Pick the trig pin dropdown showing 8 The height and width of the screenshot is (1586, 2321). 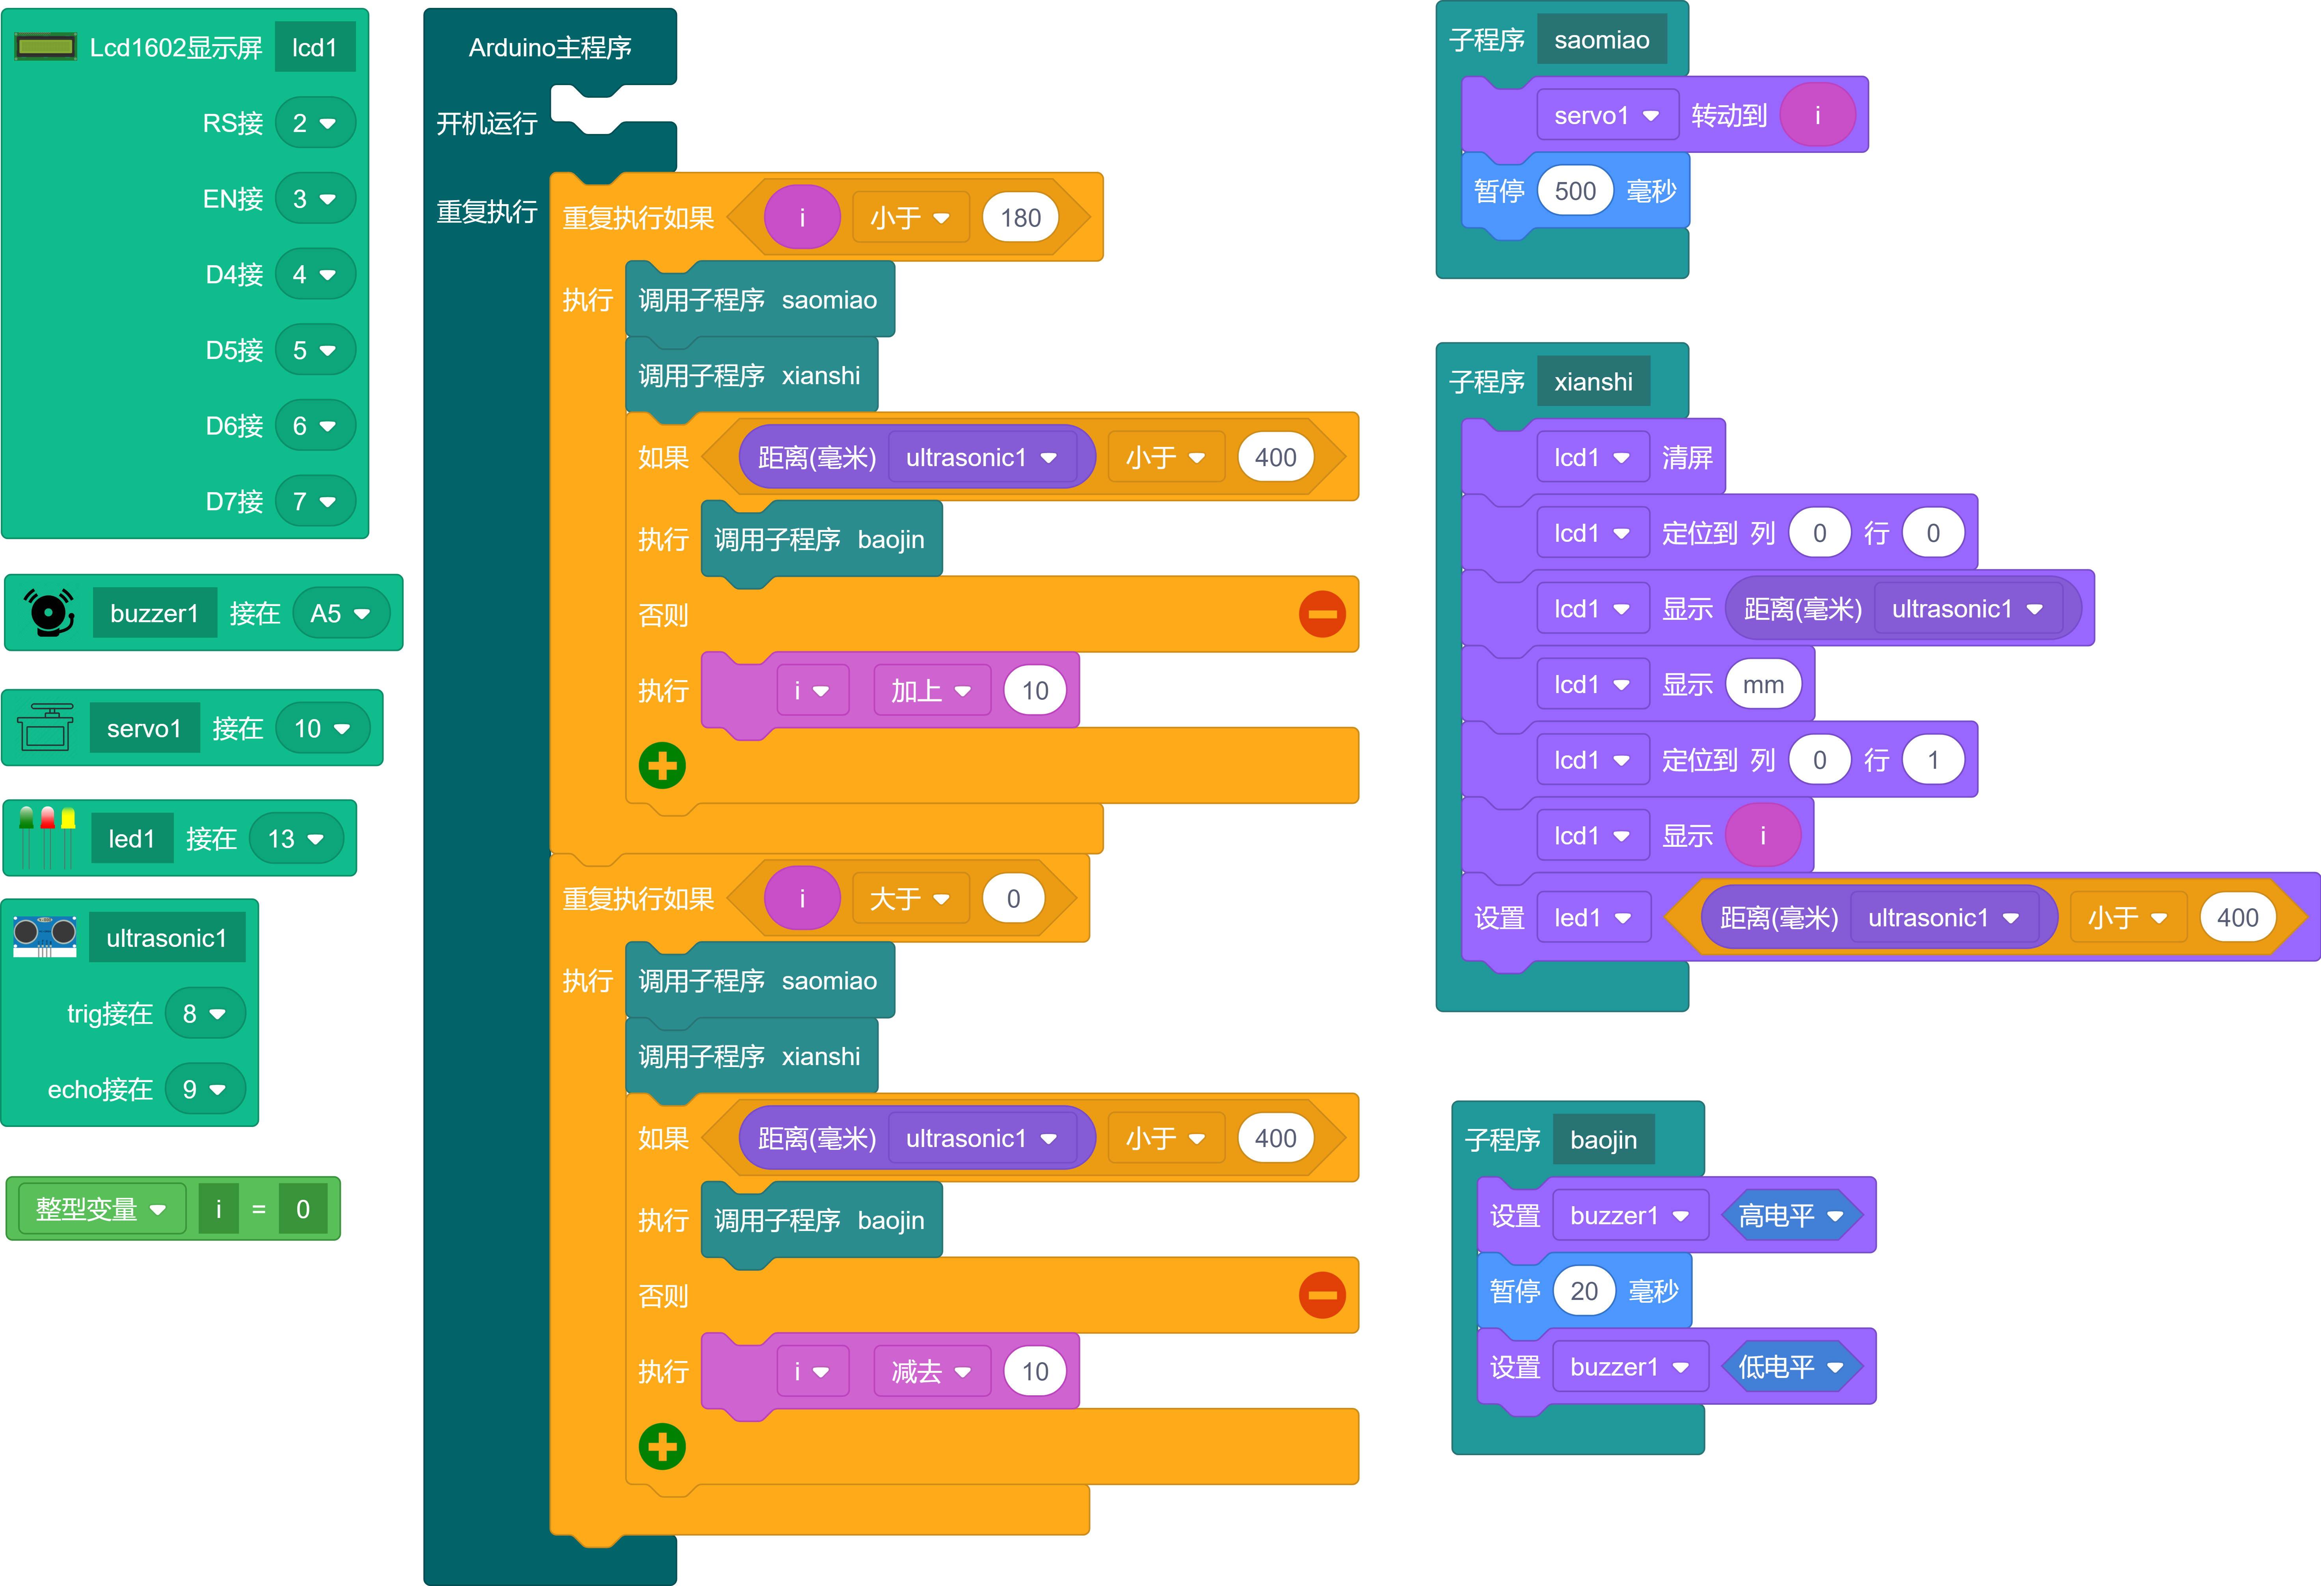click(x=204, y=1014)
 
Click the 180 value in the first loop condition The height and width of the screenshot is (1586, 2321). click(x=1020, y=218)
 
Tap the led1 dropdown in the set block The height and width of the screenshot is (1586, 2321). click(x=1592, y=918)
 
